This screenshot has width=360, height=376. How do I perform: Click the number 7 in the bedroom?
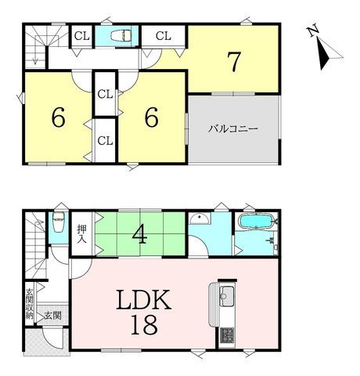pos(234,62)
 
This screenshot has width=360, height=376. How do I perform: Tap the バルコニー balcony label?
pos(232,129)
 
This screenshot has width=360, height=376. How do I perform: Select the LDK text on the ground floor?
pos(144,299)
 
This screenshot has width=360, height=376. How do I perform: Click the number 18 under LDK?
pos(144,324)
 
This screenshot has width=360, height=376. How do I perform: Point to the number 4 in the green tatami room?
pos(140,234)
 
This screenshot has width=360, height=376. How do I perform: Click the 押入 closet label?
pos(81,233)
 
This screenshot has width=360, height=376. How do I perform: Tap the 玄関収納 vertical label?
pos(29,303)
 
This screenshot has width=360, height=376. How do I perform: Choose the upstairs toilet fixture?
pos(121,36)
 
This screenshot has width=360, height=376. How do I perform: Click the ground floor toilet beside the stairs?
pos(59,222)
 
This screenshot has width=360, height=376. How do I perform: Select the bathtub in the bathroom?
pos(257,222)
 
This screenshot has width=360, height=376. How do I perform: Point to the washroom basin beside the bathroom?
pos(200,219)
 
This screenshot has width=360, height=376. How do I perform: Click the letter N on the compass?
pos(313,31)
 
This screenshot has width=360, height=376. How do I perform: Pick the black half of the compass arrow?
pos(323,55)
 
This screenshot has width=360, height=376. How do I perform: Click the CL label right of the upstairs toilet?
pos(164,36)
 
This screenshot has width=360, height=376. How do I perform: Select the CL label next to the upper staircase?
pos(81,36)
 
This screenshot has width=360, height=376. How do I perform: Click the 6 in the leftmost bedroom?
pos(58,117)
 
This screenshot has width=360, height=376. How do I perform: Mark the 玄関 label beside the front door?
pos(53,316)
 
